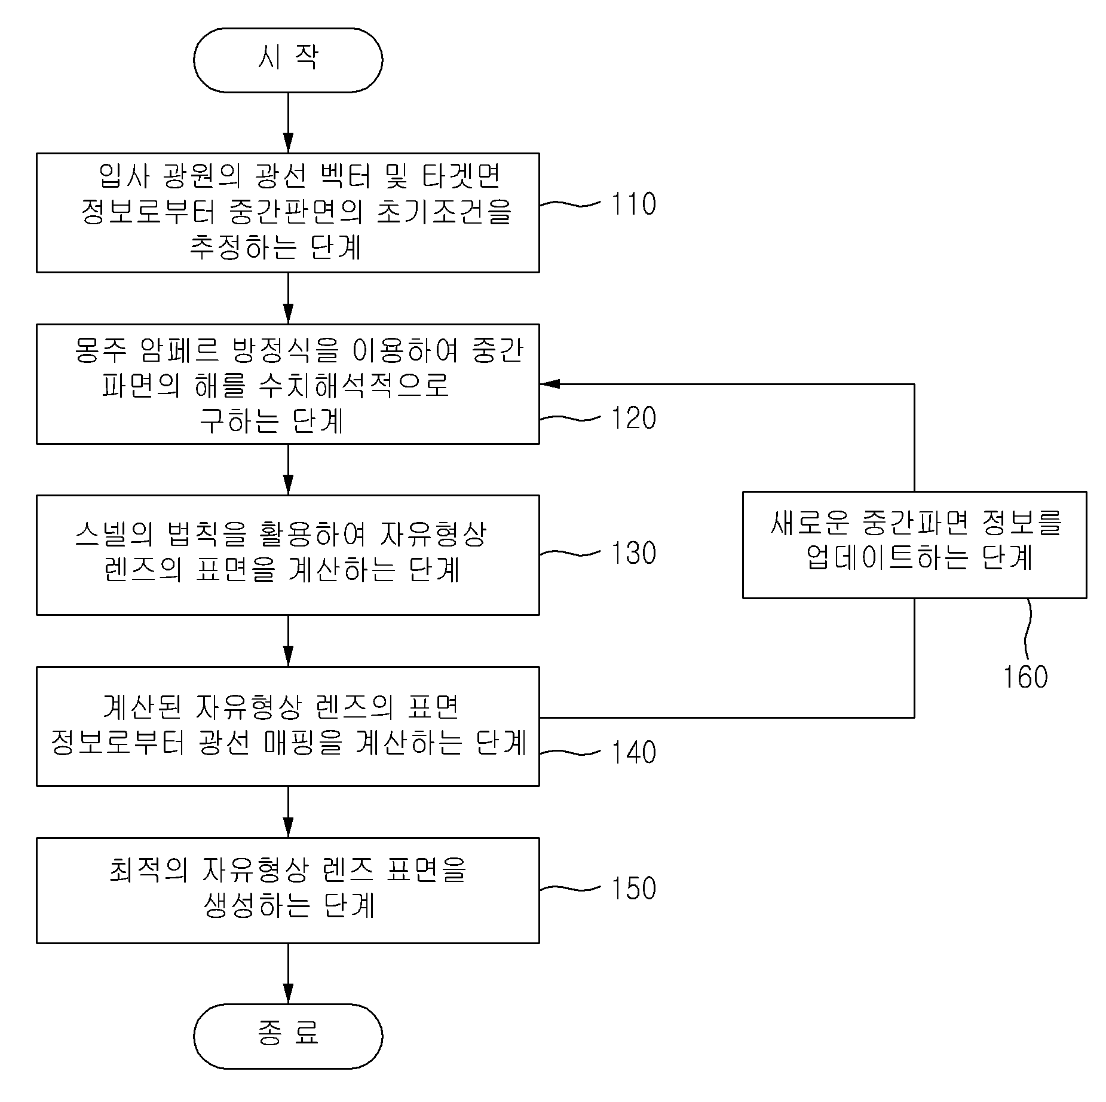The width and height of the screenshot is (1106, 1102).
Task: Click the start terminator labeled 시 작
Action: pyautogui.click(x=288, y=60)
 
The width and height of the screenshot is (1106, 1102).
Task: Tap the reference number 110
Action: pyautogui.click(x=633, y=204)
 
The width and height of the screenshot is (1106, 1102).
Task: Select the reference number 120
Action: pyautogui.click(x=633, y=419)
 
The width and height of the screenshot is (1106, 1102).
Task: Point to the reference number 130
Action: pyautogui.click(x=633, y=554)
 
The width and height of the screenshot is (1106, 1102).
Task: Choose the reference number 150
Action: pyautogui.click(x=633, y=889)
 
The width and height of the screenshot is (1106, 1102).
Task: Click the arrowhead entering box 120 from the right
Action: pyautogui.click(x=550, y=384)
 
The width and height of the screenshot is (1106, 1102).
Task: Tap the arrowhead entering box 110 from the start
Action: pyautogui.click(x=288, y=144)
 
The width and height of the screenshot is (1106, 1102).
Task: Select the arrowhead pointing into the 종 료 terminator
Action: pyautogui.click(x=288, y=994)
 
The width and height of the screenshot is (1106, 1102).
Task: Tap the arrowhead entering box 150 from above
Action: pyautogui.click(x=288, y=828)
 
